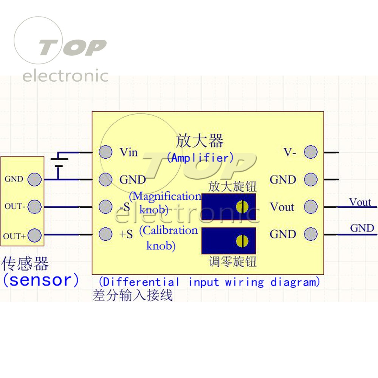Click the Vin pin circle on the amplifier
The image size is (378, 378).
[105, 152]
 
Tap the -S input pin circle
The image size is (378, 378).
[105, 207]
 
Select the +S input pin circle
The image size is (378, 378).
[105, 234]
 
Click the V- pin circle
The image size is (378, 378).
[311, 152]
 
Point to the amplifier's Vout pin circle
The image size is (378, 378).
[311, 207]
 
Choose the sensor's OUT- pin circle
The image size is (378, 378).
[34, 207]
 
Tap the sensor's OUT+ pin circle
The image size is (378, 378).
[34, 235]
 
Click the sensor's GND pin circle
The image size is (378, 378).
[34, 179]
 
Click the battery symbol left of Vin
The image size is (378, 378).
[58, 163]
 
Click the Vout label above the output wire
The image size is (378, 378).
[360, 202]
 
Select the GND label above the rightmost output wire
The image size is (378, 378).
[362, 228]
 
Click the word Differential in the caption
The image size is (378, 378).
[142, 282]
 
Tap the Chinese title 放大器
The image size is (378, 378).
[199, 141]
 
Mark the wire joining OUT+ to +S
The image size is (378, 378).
[68, 235]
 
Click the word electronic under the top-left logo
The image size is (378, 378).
[65, 76]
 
